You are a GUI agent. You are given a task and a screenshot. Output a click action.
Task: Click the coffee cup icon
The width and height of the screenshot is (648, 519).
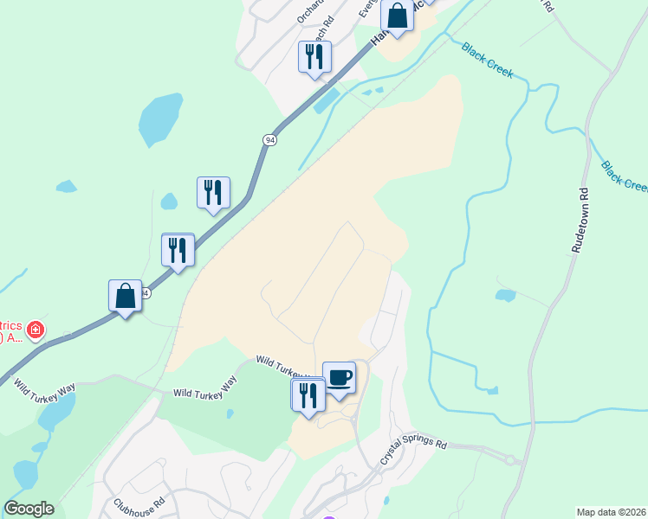tap(339, 378)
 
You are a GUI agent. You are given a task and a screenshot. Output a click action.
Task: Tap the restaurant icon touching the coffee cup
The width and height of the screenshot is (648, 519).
tap(308, 396)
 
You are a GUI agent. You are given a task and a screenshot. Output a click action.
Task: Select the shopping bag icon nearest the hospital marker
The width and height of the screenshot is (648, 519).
tap(126, 297)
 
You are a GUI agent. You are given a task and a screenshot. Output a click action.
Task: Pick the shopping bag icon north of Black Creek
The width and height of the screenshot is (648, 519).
tap(397, 16)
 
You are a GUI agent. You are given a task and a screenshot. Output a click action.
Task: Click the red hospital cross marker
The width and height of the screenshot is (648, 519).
tap(35, 330)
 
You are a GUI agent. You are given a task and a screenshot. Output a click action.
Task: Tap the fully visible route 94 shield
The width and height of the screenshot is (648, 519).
tap(269, 140)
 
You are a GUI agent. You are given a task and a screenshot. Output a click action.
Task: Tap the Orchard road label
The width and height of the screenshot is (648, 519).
tap(308, 11)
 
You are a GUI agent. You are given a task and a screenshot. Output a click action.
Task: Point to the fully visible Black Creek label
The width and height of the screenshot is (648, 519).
tap(488, 61)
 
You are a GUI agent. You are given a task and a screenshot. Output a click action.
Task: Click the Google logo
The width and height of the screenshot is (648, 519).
tap(29, 509)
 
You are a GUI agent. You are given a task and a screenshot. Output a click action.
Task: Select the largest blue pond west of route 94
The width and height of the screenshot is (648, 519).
tap(160, 119)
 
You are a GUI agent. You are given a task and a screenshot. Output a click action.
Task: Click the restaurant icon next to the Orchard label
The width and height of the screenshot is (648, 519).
tap(314, 58)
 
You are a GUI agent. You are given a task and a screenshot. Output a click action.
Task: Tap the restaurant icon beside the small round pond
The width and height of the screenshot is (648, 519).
tap(213, 194)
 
